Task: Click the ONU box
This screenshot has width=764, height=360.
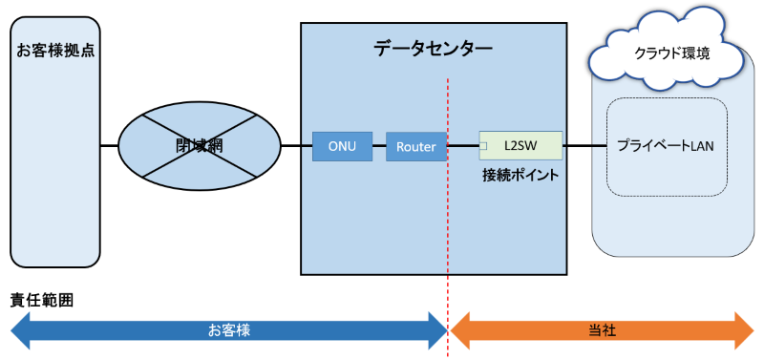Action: (342, 146)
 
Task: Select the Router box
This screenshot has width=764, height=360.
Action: (416, 146)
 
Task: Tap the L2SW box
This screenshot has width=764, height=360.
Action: (520, 146)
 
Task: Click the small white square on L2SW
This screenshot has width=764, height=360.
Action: (483, 146)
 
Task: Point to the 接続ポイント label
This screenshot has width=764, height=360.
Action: (520, 176)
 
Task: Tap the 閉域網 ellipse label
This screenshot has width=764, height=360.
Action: (199, 145)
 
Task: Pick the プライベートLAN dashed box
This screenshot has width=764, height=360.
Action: (667, 146)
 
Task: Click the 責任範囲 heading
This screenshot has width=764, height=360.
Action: (42, 299)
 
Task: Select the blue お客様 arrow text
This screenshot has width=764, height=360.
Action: (228, 329)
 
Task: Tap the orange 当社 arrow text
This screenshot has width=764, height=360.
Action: (602, 329)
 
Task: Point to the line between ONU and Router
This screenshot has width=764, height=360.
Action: (378, 146)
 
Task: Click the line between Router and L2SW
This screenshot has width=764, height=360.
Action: (462, 146)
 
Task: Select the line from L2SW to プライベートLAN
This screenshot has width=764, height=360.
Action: (584, 146)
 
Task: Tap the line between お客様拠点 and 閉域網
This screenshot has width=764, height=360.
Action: (109, 146)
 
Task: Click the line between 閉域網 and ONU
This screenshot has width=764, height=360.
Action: (296, 146)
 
